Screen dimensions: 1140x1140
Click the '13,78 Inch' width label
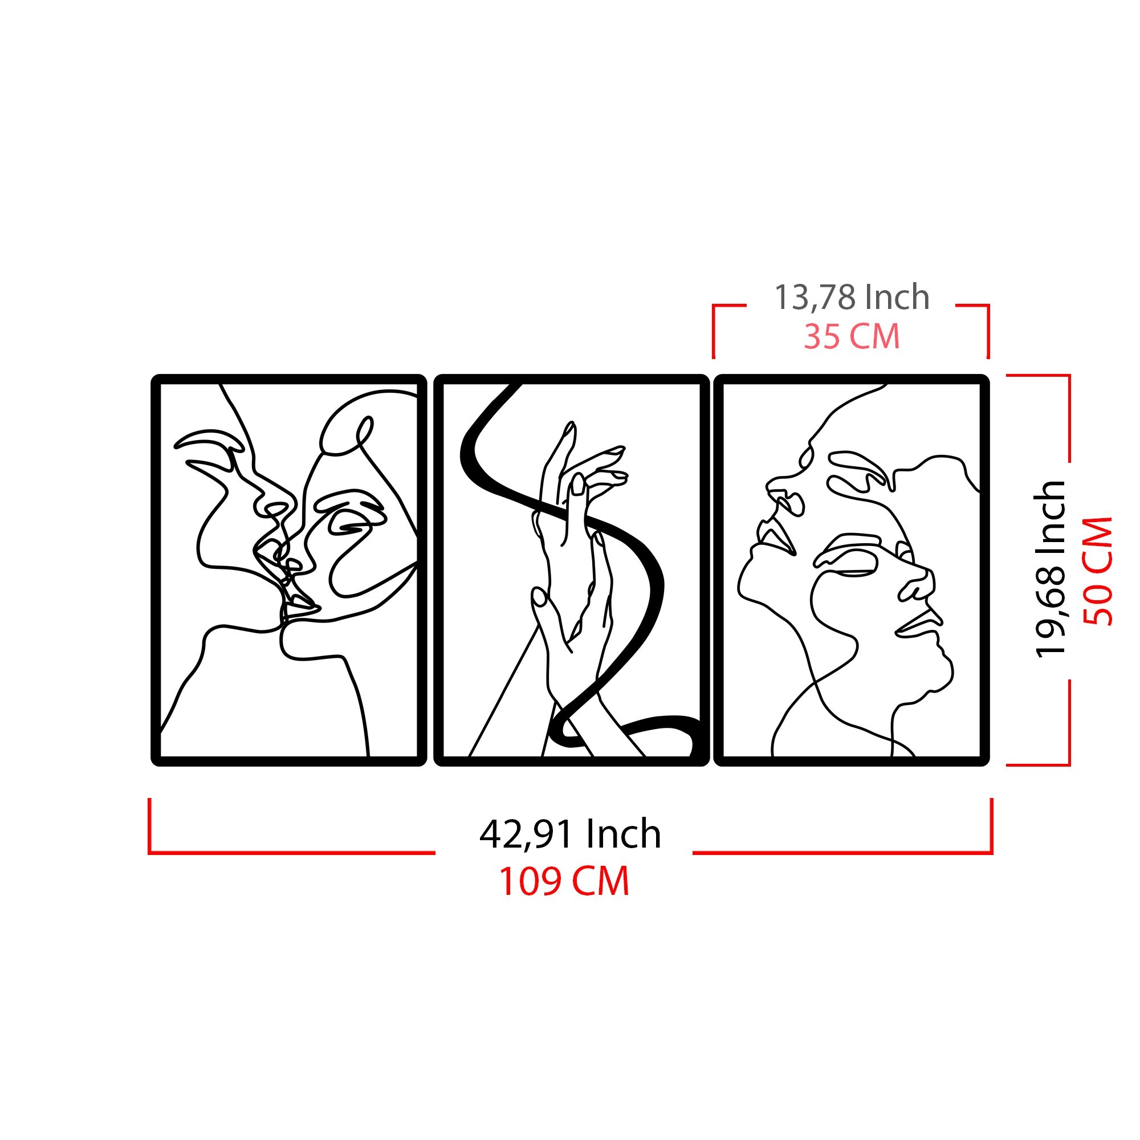click(x=852, y=297)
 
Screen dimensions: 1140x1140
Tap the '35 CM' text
click(x=852, y=336)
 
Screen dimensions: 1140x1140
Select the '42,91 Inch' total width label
click(x=570, y=834)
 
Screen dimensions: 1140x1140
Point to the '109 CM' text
click(x=565, y=882)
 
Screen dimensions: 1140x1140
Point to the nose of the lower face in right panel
click(x=918, y=584)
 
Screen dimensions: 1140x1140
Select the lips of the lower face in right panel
click(x=918, y=622)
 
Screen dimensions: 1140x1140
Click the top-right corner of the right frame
click(x=985, y=378)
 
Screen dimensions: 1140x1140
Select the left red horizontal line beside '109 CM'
click(x=292, y=853)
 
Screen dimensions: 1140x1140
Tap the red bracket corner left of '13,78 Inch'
click(x=714, y=306)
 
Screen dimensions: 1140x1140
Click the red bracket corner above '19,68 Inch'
click(x=1069, y=375)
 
